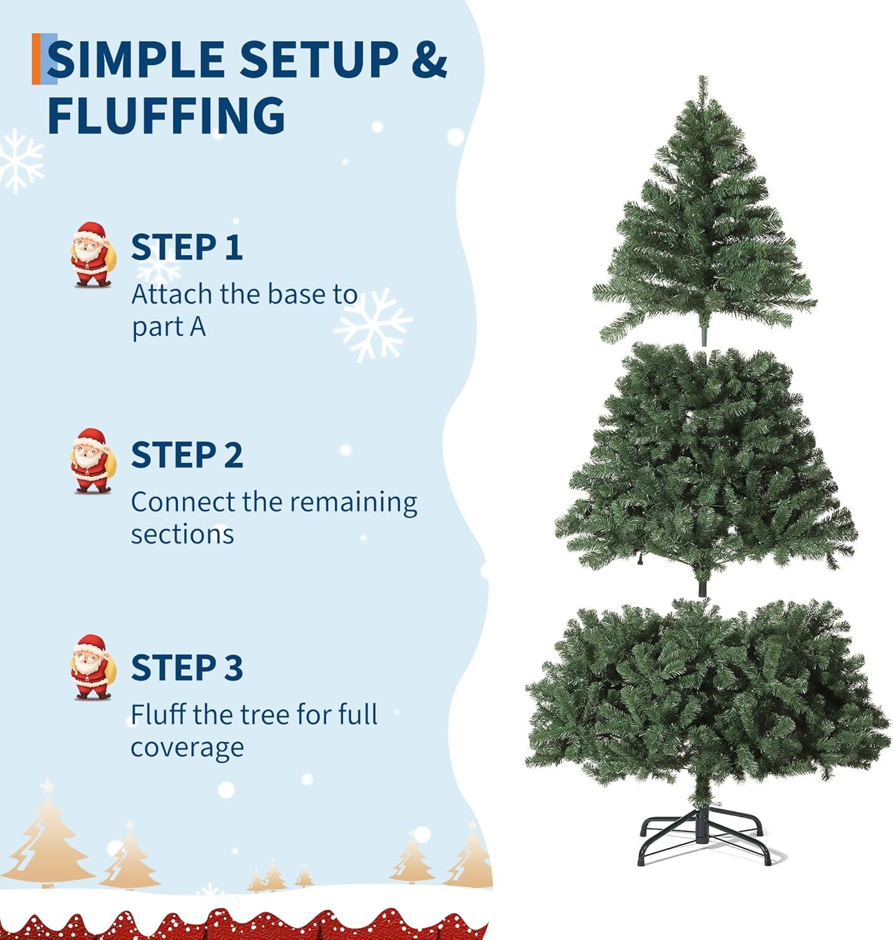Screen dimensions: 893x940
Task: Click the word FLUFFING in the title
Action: pos(167,115)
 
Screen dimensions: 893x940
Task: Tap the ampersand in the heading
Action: pos(430,60)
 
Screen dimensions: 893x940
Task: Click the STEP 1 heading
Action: pos(187,247)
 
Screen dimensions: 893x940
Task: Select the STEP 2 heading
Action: pos(187,455)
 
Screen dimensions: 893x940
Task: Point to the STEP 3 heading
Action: pos(187,667)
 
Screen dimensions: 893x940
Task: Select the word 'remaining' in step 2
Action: pos(354,504)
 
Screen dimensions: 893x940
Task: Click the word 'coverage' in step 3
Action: pos(187,748)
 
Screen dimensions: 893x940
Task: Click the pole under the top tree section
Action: pos(704,335)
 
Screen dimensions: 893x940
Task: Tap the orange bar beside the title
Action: pos(36,59)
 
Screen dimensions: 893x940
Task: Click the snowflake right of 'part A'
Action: pos(373,325)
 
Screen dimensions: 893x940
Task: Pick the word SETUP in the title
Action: pos(319,60)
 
